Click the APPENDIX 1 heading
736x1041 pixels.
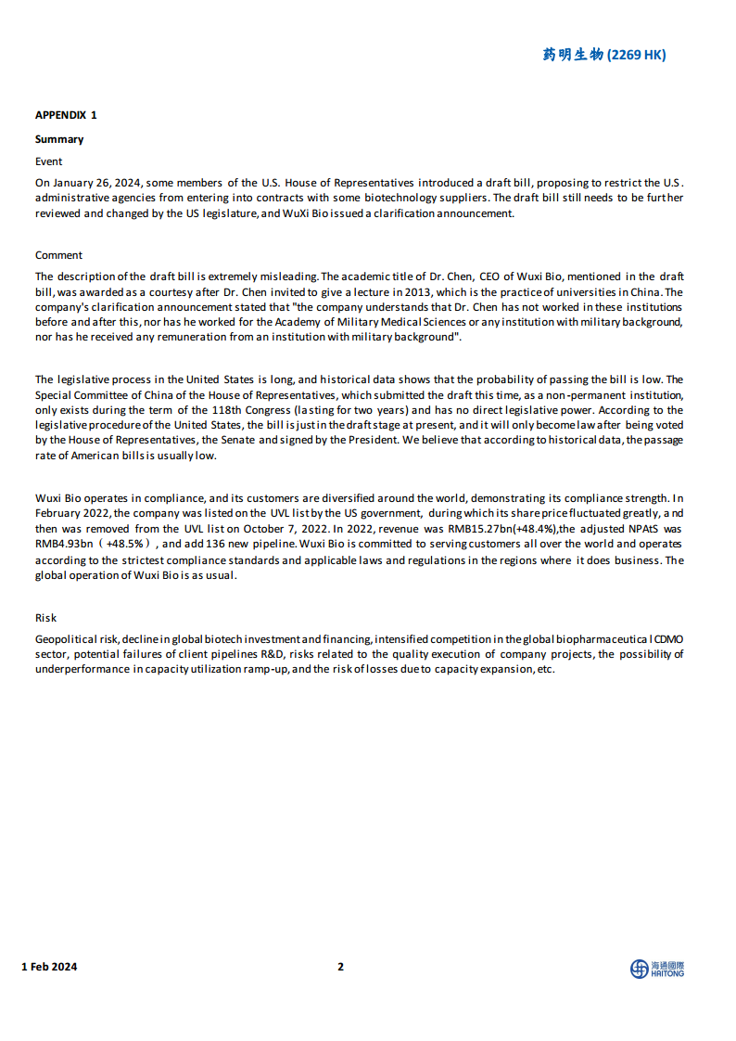66,115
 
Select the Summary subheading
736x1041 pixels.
59,139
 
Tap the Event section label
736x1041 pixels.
49,161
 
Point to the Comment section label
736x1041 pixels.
58,255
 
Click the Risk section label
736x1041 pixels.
45,618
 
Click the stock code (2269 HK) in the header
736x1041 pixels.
636,55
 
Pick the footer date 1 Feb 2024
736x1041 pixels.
49,967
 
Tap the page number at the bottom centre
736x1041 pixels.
340,967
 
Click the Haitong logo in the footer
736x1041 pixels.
657,969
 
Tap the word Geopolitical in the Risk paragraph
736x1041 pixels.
69,640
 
